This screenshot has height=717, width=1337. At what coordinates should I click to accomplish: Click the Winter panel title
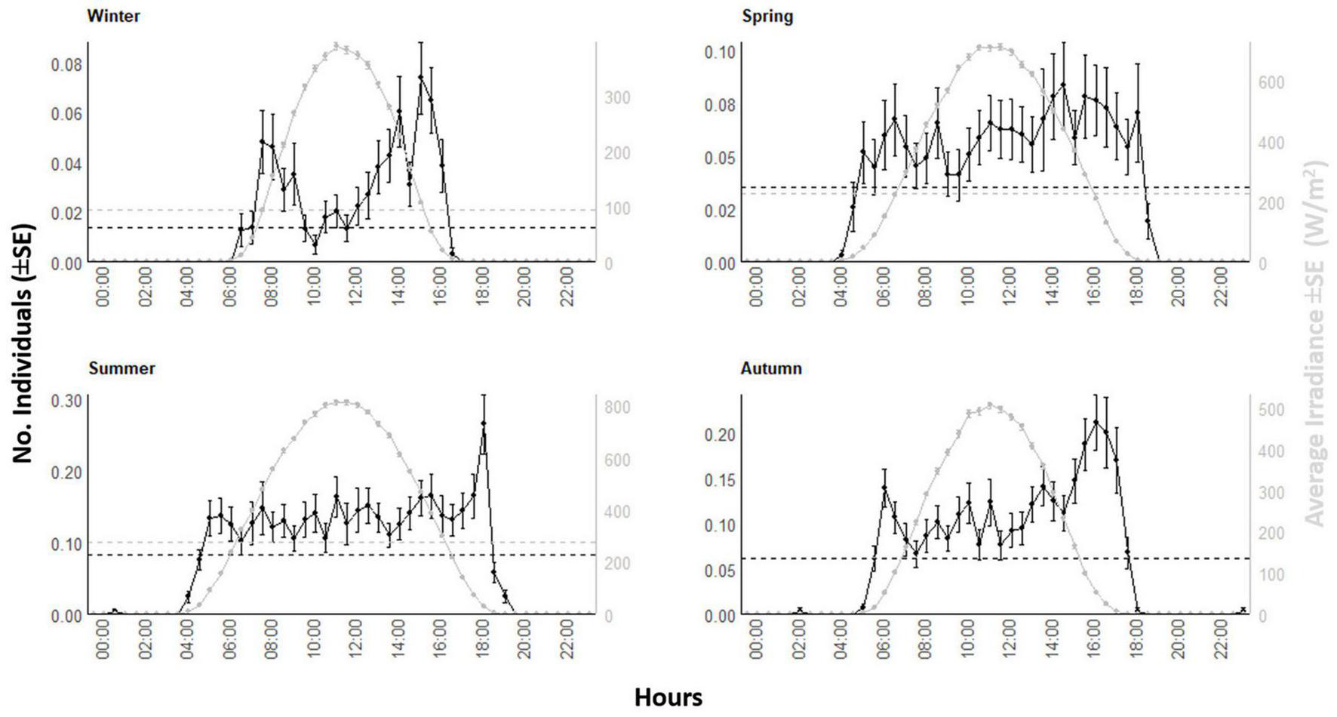click(x=114, y=17)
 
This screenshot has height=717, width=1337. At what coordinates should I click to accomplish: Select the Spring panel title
click(x=767, y=17)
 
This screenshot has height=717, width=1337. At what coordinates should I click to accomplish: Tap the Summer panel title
click(x=121, y=368)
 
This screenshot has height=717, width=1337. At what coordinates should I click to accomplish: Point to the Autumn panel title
click(x=771, y=368)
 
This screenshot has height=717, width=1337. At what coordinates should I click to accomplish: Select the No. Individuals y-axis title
click(x=23, y=343)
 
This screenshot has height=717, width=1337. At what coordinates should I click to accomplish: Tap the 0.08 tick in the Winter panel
click(x=66, y=64)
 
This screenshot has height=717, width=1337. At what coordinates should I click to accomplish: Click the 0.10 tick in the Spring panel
click(x=720, y=52)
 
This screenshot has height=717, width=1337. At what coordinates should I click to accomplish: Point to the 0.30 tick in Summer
click(x=66, y=400)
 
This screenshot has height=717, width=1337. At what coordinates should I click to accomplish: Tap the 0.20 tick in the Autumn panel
click(x=720, y=435)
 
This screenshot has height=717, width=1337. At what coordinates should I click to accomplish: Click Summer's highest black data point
click(x=484, y=424)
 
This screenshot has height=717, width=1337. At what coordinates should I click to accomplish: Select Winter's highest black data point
click(x=420, y=77)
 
